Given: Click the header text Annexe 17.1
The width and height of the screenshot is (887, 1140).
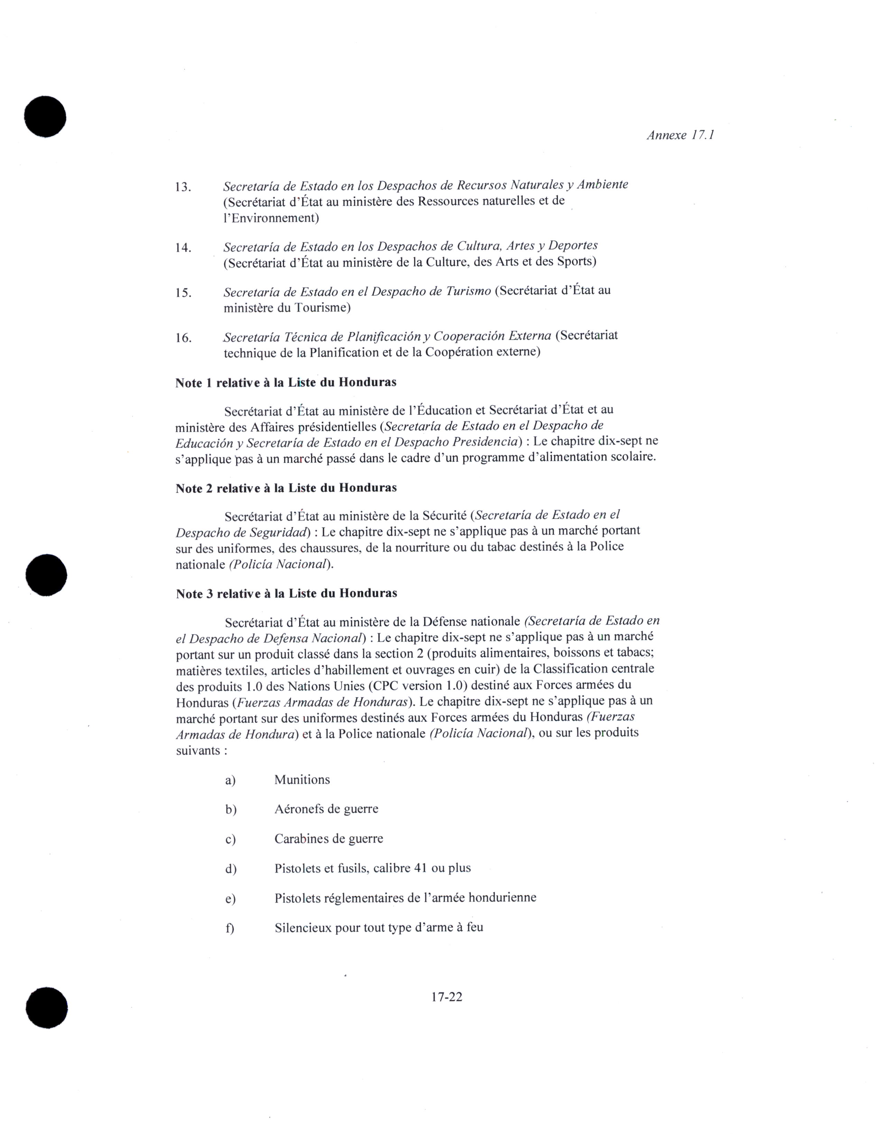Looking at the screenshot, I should tap(680, 135).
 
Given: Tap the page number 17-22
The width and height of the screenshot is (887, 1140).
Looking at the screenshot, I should tap(446, 997).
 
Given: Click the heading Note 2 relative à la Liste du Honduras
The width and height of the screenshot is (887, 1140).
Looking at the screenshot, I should tap(286, 488).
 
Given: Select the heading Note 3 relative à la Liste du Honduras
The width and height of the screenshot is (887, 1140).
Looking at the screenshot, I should tap(286, 593).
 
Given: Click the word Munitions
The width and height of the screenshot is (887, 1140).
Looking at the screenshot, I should tap(302, 780).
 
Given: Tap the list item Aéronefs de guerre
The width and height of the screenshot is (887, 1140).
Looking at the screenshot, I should tap(326, 809).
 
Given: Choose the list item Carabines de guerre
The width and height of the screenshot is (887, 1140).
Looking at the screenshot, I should tap(329, 839).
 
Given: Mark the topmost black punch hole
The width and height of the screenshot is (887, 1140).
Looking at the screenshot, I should tap(45, 117).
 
